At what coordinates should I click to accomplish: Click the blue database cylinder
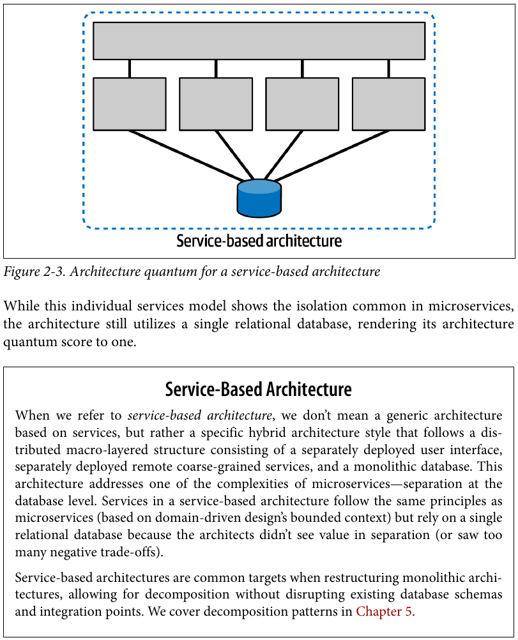click(x=259, y=199)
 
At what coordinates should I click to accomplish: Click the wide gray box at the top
click(x=259, y=41)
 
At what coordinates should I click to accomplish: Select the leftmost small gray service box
click(x=130, y=104)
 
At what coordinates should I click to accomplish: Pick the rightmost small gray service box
click(x=388, y=104)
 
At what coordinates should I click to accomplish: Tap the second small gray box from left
click(x=216, y=104)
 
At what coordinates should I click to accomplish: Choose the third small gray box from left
click(x=302, y=104)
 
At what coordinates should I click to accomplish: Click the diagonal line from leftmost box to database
click(x=187, y=155)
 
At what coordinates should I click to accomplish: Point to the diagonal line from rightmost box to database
click(x=331, y=155)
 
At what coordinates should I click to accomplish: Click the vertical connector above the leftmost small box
click(x=130, y=68)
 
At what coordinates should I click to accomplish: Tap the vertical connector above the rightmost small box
click(x=388, y=68)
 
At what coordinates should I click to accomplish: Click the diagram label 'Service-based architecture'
click(x=259, y=241)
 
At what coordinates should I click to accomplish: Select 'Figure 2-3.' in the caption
click(x=34, y=271)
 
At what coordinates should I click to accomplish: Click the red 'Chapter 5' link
click(x=384, y=611)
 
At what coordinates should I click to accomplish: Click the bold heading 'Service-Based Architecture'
click(x=259, y=390)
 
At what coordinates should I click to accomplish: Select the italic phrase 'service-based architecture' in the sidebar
click(x=200, y=416)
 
